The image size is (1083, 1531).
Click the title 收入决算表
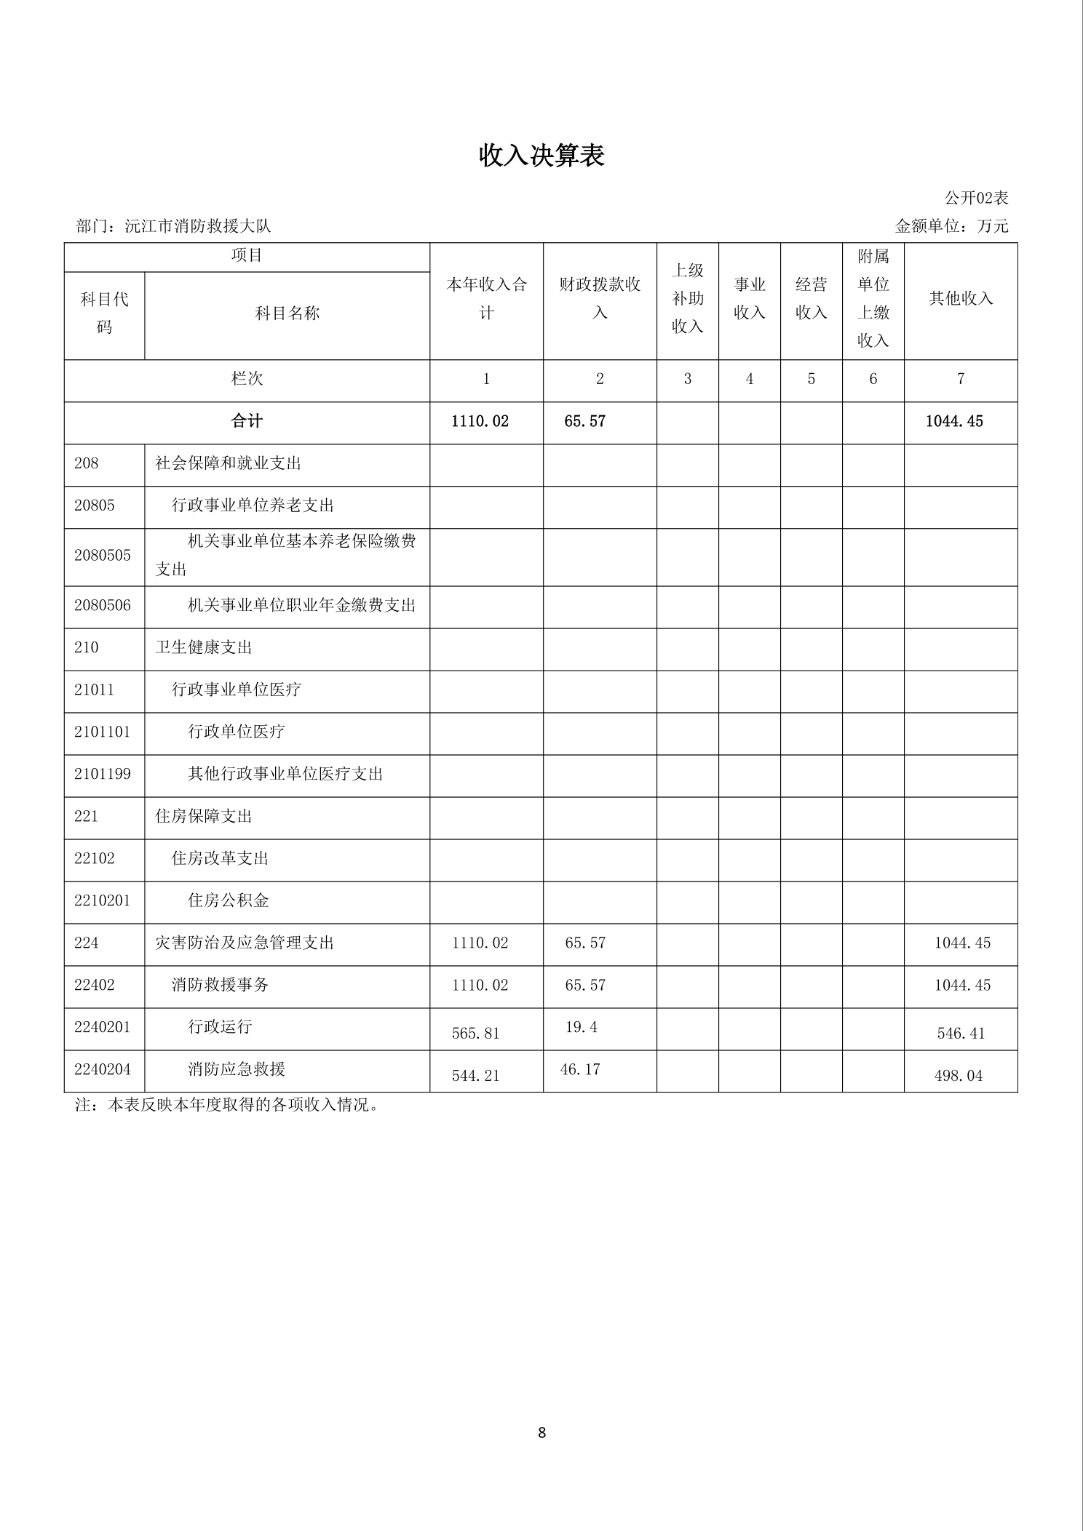click(541, 156)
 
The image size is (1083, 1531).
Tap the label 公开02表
click(976, 198)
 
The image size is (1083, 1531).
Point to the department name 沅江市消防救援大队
click(198, 226)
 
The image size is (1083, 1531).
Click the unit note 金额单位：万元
click(951, 226)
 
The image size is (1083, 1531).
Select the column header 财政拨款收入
click(600, 298)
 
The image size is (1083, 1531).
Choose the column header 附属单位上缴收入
click(873, 298)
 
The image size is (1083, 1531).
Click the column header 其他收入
click(961, 298)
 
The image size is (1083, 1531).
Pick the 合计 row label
click(247, 421)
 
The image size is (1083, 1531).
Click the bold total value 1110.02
click(480, 422)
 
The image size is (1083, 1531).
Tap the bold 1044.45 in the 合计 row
click(953, 422)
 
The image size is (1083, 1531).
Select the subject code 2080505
click(103, 556)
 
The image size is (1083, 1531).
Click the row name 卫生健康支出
click(204, 647)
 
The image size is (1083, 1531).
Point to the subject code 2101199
click(103, 774)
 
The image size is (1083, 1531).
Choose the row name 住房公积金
click(229, 900)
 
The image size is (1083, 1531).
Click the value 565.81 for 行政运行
click(475, 1034)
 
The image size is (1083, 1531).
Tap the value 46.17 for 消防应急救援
click(580, 1069)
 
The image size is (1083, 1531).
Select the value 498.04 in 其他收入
click(958, 1076)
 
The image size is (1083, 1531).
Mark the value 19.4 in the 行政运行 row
click(581, 1027)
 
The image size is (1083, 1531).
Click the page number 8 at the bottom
click(541, 1433)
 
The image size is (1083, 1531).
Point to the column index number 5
click(811, 379)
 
